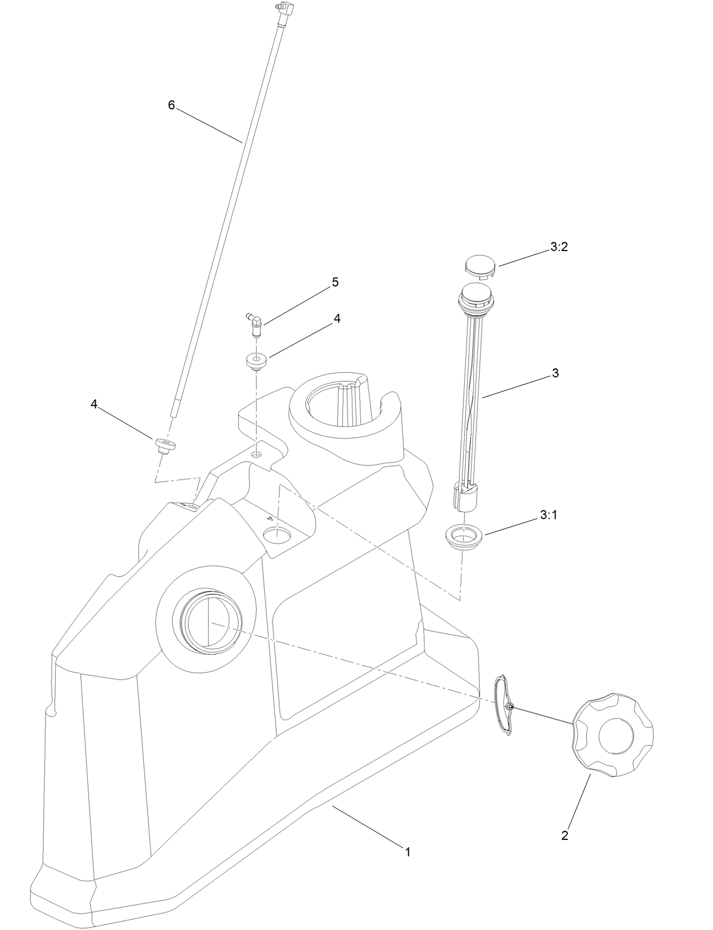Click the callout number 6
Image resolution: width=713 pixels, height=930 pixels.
(171, 105)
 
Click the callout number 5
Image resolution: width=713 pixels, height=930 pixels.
(335, 282)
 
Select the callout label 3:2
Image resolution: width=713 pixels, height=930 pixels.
(558, 247)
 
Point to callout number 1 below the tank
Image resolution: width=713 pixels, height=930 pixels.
(407, 851)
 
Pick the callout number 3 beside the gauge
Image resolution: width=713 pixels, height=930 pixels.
(555, 373)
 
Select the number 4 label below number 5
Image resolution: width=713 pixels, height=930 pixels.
(337, 319)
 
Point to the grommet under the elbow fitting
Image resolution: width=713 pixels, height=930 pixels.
(257, 361)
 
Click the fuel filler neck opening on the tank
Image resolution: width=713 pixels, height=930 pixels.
(207, 622)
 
